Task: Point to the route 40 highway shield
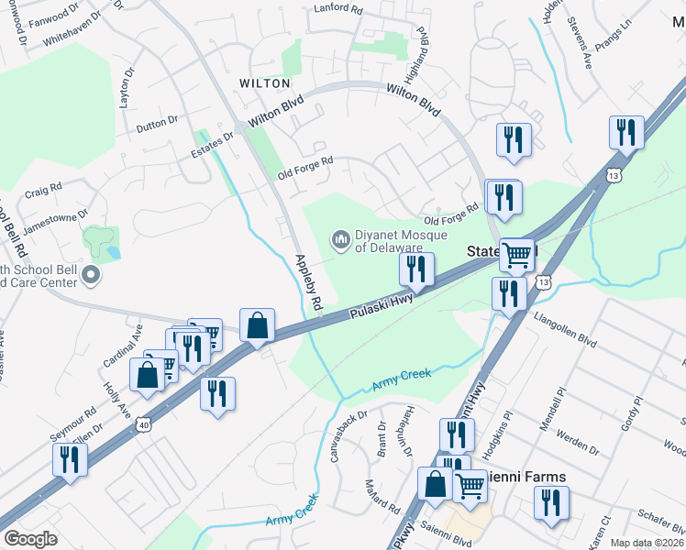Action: [x=142, y=423]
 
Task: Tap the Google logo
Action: [x=30, y=539]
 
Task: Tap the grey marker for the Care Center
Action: [x=90, y=275]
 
